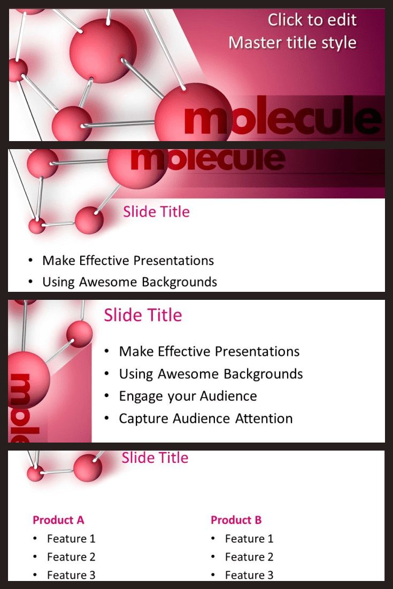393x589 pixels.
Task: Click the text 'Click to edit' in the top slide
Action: pos(312,20)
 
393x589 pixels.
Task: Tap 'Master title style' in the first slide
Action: pos(292,42)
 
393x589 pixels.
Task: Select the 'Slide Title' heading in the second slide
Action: pos(156,212)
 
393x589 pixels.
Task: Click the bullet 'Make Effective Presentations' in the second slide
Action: pos(128,260)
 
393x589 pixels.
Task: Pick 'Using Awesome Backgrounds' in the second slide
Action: pos(129,282)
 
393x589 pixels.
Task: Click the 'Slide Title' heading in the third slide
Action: pos(143,315)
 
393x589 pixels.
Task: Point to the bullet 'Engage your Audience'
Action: pos(188,396)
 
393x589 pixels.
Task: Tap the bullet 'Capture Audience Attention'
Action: pos(205,418)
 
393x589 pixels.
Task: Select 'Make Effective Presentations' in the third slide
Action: pos(209,352)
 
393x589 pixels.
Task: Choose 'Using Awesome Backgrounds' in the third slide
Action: pos(211,374)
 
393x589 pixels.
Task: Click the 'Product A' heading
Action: pos(58,520)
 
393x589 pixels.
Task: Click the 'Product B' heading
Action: pos(236,520)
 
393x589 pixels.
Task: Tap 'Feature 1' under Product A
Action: pos(71,539)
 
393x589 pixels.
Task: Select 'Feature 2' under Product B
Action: pos(249,557)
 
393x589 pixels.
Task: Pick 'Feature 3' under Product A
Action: pos(71,575)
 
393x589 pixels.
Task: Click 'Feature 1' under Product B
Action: pos(249,539)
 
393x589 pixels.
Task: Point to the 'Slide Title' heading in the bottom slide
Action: pos(155,458)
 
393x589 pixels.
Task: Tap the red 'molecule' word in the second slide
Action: pos(208,159)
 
